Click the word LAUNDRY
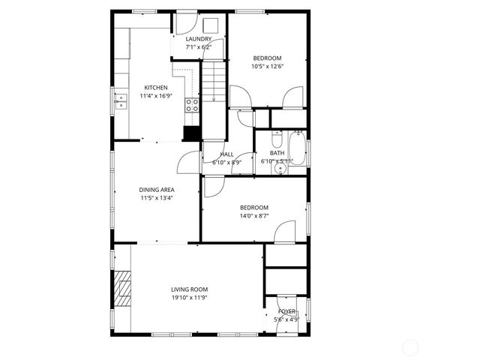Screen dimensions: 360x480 [x=198, y=39]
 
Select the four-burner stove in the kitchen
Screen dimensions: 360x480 [x=192, y=104]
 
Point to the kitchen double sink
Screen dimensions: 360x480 [x=121, y=100]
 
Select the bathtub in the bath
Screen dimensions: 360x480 [x=297, y=148]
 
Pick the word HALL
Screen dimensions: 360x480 [x=226, y=154]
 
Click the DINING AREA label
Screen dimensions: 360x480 [x=156, y=190]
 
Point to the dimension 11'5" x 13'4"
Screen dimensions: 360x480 [x=156, y=198]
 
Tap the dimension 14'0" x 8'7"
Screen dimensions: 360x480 [x=254, y=216]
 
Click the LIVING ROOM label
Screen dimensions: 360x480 [x=189, y=289]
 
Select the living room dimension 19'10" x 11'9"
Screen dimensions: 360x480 [x=189, y=298]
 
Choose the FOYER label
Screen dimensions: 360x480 [x=287, y=311]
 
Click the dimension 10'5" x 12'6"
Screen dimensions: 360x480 [x=267, y=66]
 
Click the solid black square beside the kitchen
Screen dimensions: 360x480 [x=192, y=133]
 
